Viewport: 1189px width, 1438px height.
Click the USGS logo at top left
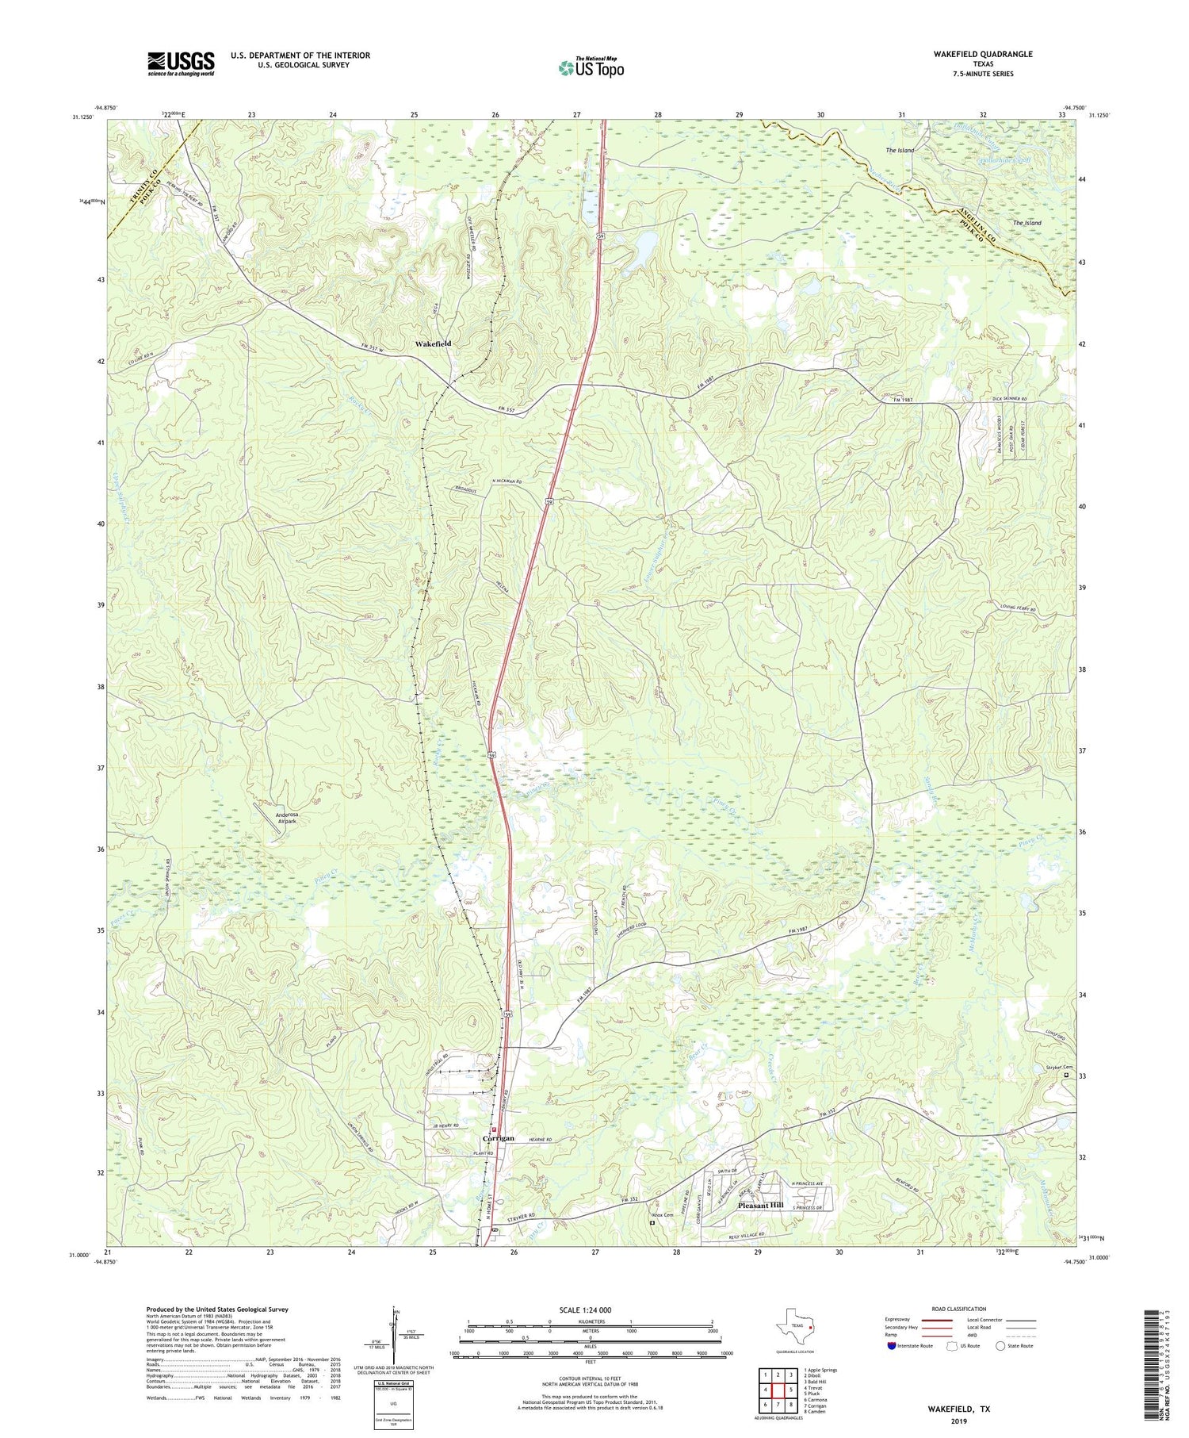coord(181,63)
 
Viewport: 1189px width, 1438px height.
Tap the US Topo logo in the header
coord(590,68)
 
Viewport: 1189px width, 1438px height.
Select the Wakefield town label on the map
coord(434,344)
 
